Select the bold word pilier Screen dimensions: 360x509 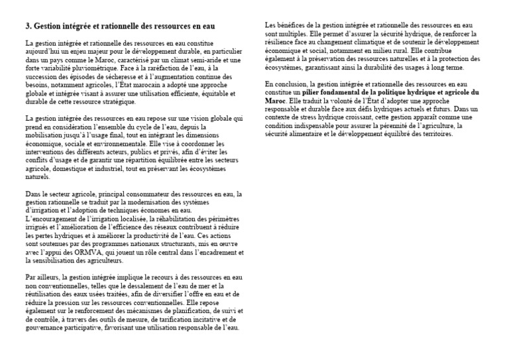313,93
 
